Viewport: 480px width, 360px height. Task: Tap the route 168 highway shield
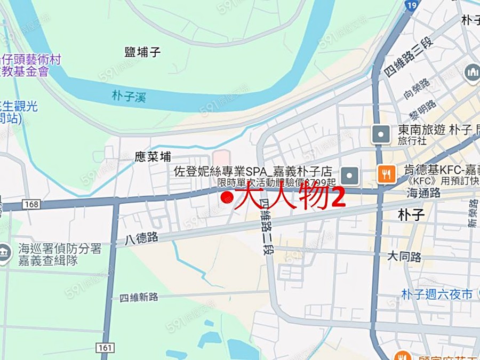click(x=31, y=204)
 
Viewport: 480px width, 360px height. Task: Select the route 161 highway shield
click(x=106, y=348)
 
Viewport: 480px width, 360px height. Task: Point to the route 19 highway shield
click(x=411, y=6)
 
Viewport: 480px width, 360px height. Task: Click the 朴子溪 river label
click(x=129, y=97)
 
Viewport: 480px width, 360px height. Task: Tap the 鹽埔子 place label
click(x=142, y=52)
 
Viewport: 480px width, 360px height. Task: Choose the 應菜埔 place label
click(x=153, y=157)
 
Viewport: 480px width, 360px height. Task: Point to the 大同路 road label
click(x=404, y=257)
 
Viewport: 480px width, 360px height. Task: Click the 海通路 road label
click(x=423, y=193)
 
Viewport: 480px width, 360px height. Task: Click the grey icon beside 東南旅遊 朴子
click(x=380, y=134)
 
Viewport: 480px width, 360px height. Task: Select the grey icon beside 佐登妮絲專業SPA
click(x=350, y=174)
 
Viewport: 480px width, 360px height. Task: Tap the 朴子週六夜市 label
click(x=437, y=294)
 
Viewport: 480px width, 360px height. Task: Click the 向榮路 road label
click(x=417, y=90)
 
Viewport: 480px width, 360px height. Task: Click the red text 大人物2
click(x=290, y=196)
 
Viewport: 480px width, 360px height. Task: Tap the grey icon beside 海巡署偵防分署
click(x=4, y=253)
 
